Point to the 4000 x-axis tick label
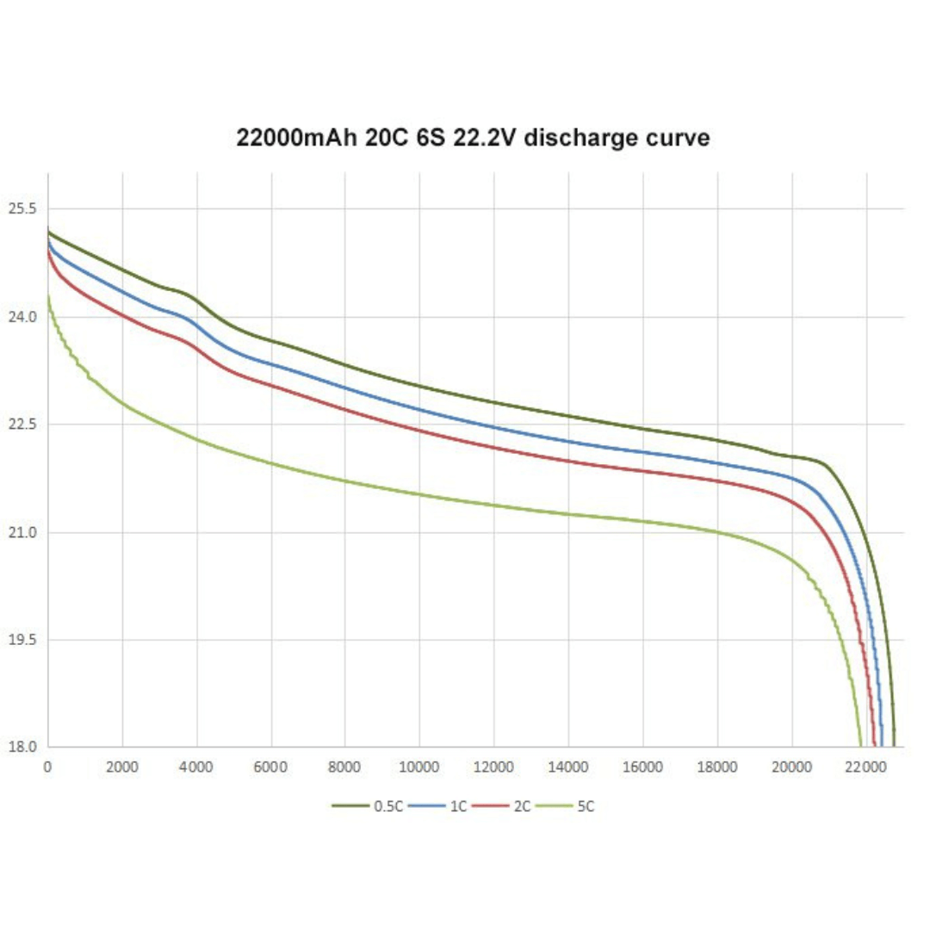pyautogui.click(x=196, y=766)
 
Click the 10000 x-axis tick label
pyautogui.click(x=419, y=766)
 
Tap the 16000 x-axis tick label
pyautogui.click(x=642, y=766)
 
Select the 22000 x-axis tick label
pyautogui.click(x=865, y=766)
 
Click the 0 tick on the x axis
pyautogui.click(x=47, y=766)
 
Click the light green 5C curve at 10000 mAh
pyautogui.click(x=419, y=494)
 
